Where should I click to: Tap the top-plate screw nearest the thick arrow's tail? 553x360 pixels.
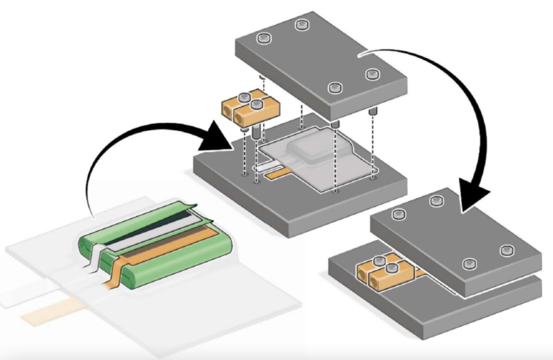(x=371, y=75)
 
